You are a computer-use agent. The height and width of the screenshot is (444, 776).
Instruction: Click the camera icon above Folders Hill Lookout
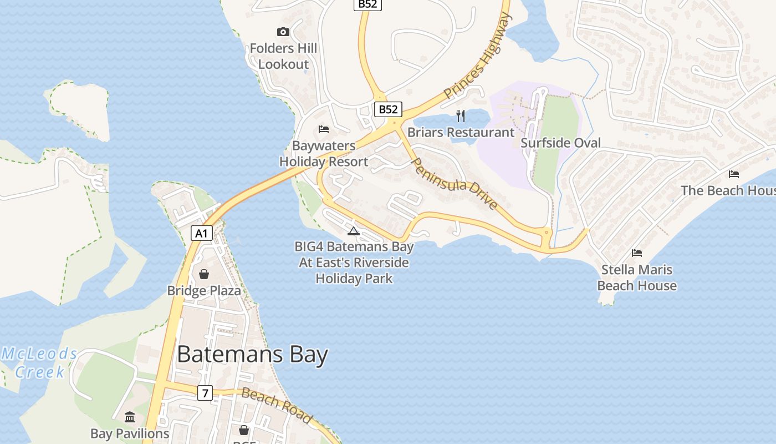coord(283,32)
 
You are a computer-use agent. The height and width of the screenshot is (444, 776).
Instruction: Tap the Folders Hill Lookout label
coord(283,56)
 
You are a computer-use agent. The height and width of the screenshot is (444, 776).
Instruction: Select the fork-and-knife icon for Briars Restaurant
coord(460,115)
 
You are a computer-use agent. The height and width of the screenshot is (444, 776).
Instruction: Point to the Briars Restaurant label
coord(461,132)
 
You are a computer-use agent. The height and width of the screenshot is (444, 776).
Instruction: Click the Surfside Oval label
coord(560,143)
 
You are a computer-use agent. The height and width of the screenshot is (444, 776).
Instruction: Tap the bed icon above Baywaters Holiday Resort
coord(324,129)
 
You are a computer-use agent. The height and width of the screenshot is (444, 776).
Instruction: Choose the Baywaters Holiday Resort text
coord(324,154)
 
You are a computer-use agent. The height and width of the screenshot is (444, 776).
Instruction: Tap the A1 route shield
coord(202,233)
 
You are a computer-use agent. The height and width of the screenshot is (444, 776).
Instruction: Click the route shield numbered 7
coord(205,393)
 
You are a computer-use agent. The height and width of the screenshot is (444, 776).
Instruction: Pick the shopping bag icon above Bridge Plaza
coord(203,274)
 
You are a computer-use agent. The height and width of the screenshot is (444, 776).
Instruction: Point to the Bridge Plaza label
coord(204,290)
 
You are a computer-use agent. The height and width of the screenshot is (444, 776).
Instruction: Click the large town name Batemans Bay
coord(252,355)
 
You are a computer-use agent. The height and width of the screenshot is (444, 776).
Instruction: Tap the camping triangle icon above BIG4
coord(354,231)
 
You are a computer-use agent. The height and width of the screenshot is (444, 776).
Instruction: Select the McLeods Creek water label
coord(40,362)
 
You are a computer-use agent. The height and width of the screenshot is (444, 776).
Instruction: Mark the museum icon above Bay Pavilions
coord(130,417)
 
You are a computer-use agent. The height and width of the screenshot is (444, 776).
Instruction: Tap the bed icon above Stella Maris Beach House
coord(637,253)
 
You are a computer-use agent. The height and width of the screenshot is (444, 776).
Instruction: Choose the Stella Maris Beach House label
coord(637,277)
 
